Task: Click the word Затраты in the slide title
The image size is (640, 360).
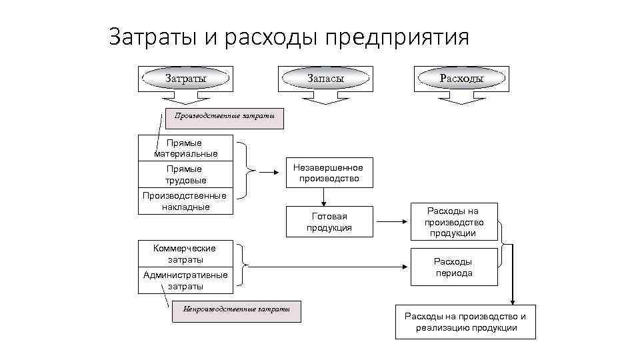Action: [x=153, y=37]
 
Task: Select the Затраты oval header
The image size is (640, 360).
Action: [x=185, y=79]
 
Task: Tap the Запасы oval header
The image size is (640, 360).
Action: [x=325, y=79]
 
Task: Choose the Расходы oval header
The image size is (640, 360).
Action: [x=461, y=79]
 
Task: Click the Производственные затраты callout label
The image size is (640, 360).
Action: [x=223, y=117]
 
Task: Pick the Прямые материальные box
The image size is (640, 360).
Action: [x=185, y=148]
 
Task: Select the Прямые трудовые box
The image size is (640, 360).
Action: [x=185, y=175]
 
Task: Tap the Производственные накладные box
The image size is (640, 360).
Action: [x=185, y=201]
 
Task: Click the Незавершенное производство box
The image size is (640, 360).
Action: [x=329, y=173]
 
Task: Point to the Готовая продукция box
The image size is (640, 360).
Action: [x=329, y=222]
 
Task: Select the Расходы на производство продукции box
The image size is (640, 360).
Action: [x=453, y=222]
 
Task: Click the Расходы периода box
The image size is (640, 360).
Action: [x=453, y=267]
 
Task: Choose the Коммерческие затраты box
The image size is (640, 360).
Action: [x=185, y=253]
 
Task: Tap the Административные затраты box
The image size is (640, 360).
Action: [x=185, y=281]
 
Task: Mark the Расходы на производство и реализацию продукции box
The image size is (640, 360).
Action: [x=465, y=322]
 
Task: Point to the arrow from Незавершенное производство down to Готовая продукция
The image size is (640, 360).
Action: [x=324, y=197]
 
